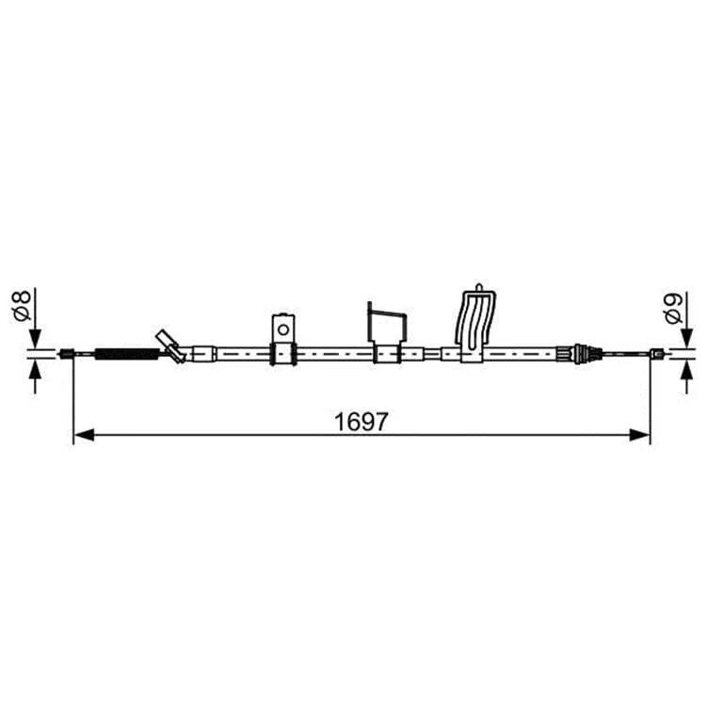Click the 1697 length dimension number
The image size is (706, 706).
[x=361, y=422]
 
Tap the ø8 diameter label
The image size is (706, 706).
[x=22, y=306]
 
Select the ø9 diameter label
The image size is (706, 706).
[x=673, y=308]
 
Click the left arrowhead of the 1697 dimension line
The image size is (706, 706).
[x=84, y=435]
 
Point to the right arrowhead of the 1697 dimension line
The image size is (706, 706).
[x=640, y=435]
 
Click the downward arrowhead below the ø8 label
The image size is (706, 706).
[x=35, y=338]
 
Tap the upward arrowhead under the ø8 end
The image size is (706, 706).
[x=35, y=369]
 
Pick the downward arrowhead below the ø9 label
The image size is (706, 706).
[x=686, y=338]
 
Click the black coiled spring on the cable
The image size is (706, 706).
[x=127, y=354]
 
